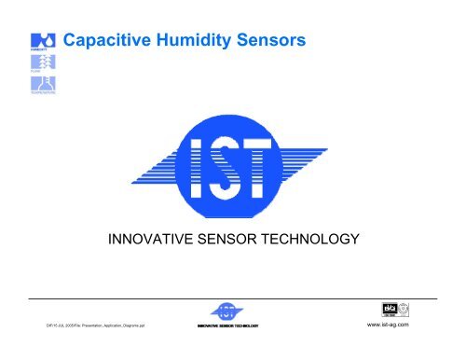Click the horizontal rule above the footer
pos(233,297)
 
